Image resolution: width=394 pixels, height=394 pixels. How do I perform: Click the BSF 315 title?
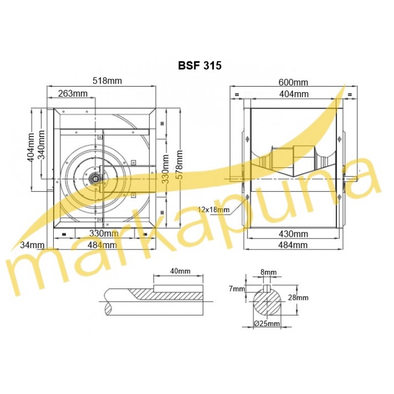tap(200, 66)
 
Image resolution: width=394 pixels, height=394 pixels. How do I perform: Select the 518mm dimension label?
tap(107, 81)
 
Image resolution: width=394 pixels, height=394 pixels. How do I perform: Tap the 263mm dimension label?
tap(73, 94)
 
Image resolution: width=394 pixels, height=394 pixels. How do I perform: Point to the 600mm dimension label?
tap(293, 82)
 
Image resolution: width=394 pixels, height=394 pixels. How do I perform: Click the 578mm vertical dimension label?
tap(179, 164)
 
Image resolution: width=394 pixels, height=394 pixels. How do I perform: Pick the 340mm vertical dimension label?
tap(41, 145)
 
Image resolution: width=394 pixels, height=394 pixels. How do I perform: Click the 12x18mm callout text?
tap(214, 209)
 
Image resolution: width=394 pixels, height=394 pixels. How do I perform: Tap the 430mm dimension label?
tap(293, 234)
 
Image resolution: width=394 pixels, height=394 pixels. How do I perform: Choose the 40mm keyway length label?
tap(180, 271)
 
